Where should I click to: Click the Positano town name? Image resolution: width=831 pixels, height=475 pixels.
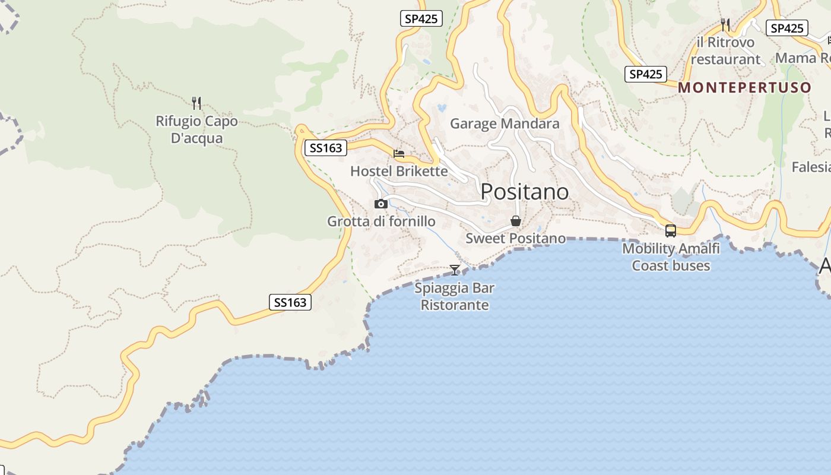click(524, 192)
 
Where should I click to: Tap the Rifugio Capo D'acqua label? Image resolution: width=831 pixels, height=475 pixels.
click(196, 129)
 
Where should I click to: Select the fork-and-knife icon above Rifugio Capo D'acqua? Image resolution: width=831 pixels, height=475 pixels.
click(196, 103)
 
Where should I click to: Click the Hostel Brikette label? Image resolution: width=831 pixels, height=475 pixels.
click(399, 172)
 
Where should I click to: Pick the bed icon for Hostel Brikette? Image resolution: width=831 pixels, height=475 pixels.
click(399, 154)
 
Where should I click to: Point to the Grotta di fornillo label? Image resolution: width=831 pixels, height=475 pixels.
click(381, 221)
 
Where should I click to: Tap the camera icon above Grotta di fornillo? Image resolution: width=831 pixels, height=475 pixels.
click(381, 204)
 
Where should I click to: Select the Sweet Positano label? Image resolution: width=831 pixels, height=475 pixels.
click(515, 239)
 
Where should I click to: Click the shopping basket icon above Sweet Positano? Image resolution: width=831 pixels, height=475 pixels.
click(516, 221)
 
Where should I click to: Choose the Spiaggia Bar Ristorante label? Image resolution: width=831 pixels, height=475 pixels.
click(455, 297)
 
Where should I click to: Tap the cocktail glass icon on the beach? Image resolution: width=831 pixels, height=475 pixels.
click(455, 270)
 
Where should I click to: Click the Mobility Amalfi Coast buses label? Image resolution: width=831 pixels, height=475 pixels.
click(671, 257)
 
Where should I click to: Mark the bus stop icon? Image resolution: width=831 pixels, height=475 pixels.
click(671, 231)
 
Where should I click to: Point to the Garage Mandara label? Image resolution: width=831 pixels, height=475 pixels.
click(505, 123)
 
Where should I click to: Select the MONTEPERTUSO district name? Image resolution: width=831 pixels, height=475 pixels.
click(744, 88)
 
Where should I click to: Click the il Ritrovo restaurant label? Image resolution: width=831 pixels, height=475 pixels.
click(725, 51)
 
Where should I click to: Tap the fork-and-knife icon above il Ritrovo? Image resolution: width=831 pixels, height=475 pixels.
click(725, 24)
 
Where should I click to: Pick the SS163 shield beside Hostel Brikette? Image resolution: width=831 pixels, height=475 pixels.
click(326, 148)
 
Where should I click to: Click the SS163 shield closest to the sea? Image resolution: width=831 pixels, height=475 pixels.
click(290, 302)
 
